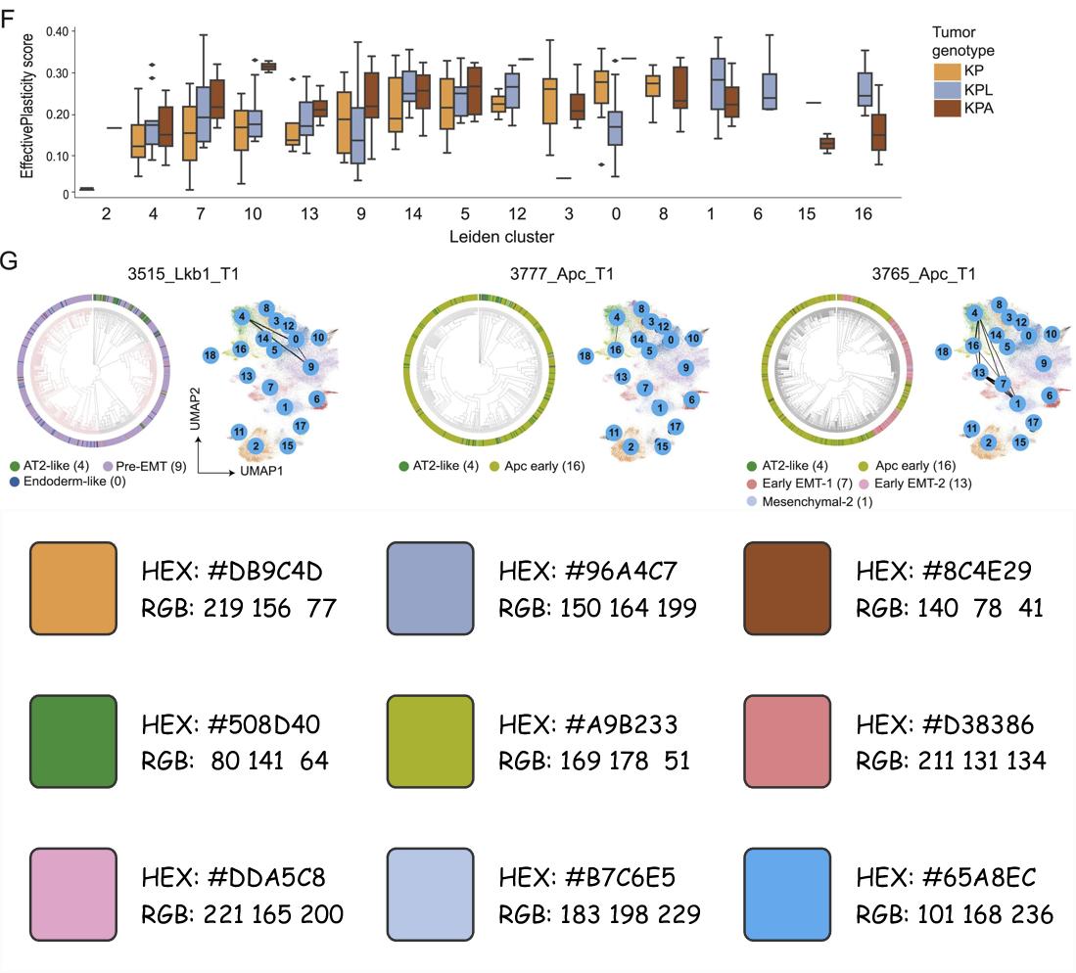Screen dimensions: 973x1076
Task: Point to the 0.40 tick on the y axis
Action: pyautogui.click(x=55, y=31)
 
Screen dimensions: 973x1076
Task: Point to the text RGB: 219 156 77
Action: pyautogui.click(x=239, y=609)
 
